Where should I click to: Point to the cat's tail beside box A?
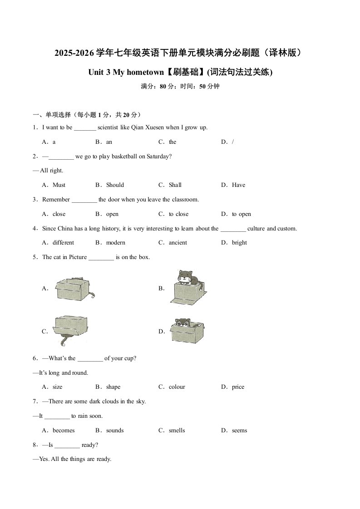pos(92,295)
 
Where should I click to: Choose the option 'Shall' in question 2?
pos(175,185)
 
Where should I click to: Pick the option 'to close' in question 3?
pos(178,214)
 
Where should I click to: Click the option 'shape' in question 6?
pos(113,387)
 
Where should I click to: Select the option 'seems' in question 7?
pos(239,431)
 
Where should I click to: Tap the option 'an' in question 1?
pos(109,142)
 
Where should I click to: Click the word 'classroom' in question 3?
pos(184,200)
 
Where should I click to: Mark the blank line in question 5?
pos(101,257)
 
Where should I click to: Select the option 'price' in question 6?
pos(238,387)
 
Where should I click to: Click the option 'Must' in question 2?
pos(59,185)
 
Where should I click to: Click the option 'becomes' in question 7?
pos(64,431)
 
